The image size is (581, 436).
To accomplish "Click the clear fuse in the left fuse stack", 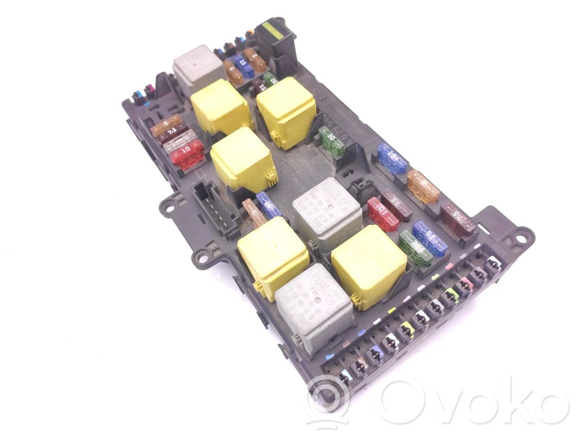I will click(x=179, y=142).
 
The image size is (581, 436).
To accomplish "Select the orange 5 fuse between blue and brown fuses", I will click(x=423, y=186).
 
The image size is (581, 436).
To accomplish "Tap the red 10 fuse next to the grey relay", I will click(x=383, y=213).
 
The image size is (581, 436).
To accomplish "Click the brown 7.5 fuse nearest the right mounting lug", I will click(x=458, y=219).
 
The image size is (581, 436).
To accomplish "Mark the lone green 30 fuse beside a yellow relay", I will click(x=332, y=141).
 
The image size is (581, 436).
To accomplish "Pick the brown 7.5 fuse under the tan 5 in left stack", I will click(x=170, y=135).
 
